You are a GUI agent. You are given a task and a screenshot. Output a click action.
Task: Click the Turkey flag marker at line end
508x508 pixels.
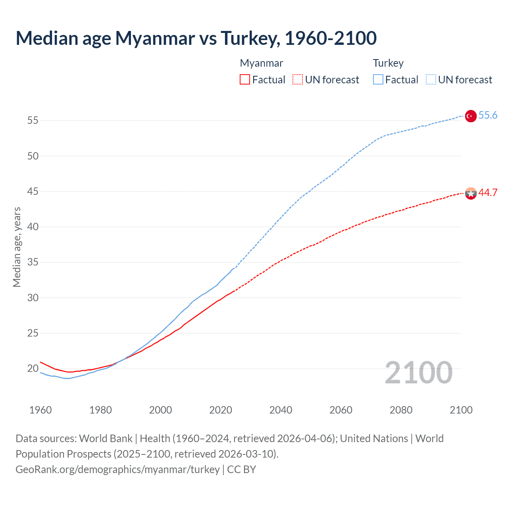470,116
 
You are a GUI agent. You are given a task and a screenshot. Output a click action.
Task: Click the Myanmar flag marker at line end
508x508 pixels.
470,193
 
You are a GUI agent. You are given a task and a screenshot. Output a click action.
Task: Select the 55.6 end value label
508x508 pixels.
488,115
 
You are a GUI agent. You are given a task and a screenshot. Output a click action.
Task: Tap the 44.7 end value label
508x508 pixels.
488,192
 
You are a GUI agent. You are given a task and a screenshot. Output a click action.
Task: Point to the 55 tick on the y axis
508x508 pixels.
33,120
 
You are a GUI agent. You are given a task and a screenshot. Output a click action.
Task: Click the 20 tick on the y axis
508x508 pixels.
33,369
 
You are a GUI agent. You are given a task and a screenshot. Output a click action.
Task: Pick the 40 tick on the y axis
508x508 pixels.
33,227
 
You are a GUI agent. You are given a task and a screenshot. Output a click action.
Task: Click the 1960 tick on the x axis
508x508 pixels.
40,410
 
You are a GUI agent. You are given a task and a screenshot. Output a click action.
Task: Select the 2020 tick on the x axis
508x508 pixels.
221,410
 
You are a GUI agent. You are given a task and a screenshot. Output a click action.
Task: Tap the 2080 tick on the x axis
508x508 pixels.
401,410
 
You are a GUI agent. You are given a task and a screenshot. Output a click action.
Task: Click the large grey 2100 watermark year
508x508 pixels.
419,372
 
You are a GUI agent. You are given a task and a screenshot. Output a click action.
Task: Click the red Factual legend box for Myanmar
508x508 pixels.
245,79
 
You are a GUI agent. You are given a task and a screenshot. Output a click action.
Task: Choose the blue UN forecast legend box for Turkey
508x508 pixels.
431,79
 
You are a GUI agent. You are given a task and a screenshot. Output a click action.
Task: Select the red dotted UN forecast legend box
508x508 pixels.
298,79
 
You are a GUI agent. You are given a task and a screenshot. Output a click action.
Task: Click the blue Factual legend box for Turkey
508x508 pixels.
378,79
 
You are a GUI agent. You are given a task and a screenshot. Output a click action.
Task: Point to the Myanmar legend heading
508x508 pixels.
262,63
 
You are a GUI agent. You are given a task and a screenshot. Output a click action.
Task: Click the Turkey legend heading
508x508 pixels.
388,63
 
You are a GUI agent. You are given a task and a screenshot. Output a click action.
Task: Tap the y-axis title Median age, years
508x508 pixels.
17,247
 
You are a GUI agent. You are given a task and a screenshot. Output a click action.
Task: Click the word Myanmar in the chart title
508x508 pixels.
155,38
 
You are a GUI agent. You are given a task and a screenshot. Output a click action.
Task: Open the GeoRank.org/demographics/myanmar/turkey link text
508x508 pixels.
117,469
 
